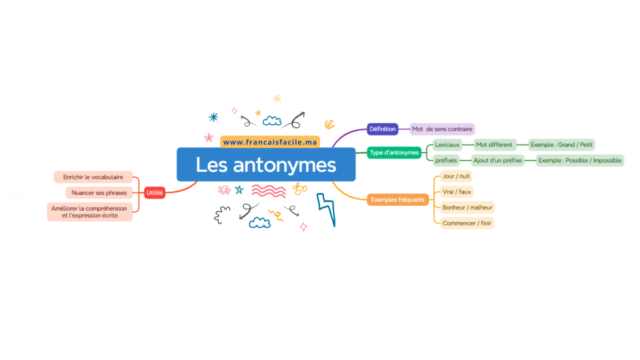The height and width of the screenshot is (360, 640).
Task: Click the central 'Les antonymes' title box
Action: coord(266,164)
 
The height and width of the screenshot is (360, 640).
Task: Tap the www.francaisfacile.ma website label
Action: coord(270,142)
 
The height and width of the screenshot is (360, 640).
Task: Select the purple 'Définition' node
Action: coord(382,129)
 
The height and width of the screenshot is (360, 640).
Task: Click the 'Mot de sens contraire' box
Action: coord(442,129)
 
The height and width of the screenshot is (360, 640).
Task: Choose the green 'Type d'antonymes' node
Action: coord(394,153)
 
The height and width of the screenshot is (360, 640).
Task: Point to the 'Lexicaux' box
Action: coord(447,145)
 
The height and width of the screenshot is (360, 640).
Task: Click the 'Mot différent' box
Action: coord(494,145)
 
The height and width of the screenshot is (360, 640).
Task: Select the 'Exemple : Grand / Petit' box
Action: coord(561,145)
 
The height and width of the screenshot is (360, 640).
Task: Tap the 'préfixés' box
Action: coord(446,161)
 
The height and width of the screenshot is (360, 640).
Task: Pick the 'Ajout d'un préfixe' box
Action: coord(498,161)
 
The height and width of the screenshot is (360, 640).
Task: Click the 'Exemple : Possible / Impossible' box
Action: coord(580,161)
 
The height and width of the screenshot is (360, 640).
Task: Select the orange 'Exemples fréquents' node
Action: coord(398,199)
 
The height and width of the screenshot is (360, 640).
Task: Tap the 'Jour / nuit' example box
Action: coord(456,177)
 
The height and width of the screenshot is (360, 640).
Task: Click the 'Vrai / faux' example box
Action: coord(457,192)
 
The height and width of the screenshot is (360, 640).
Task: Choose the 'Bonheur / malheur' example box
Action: coord(467,207)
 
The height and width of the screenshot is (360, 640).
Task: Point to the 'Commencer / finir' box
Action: coord(467,223)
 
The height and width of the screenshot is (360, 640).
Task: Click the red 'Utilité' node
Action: coord(155,193)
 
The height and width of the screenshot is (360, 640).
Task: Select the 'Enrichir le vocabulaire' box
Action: coord(93,177)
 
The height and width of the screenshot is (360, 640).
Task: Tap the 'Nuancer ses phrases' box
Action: coord(99,193)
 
